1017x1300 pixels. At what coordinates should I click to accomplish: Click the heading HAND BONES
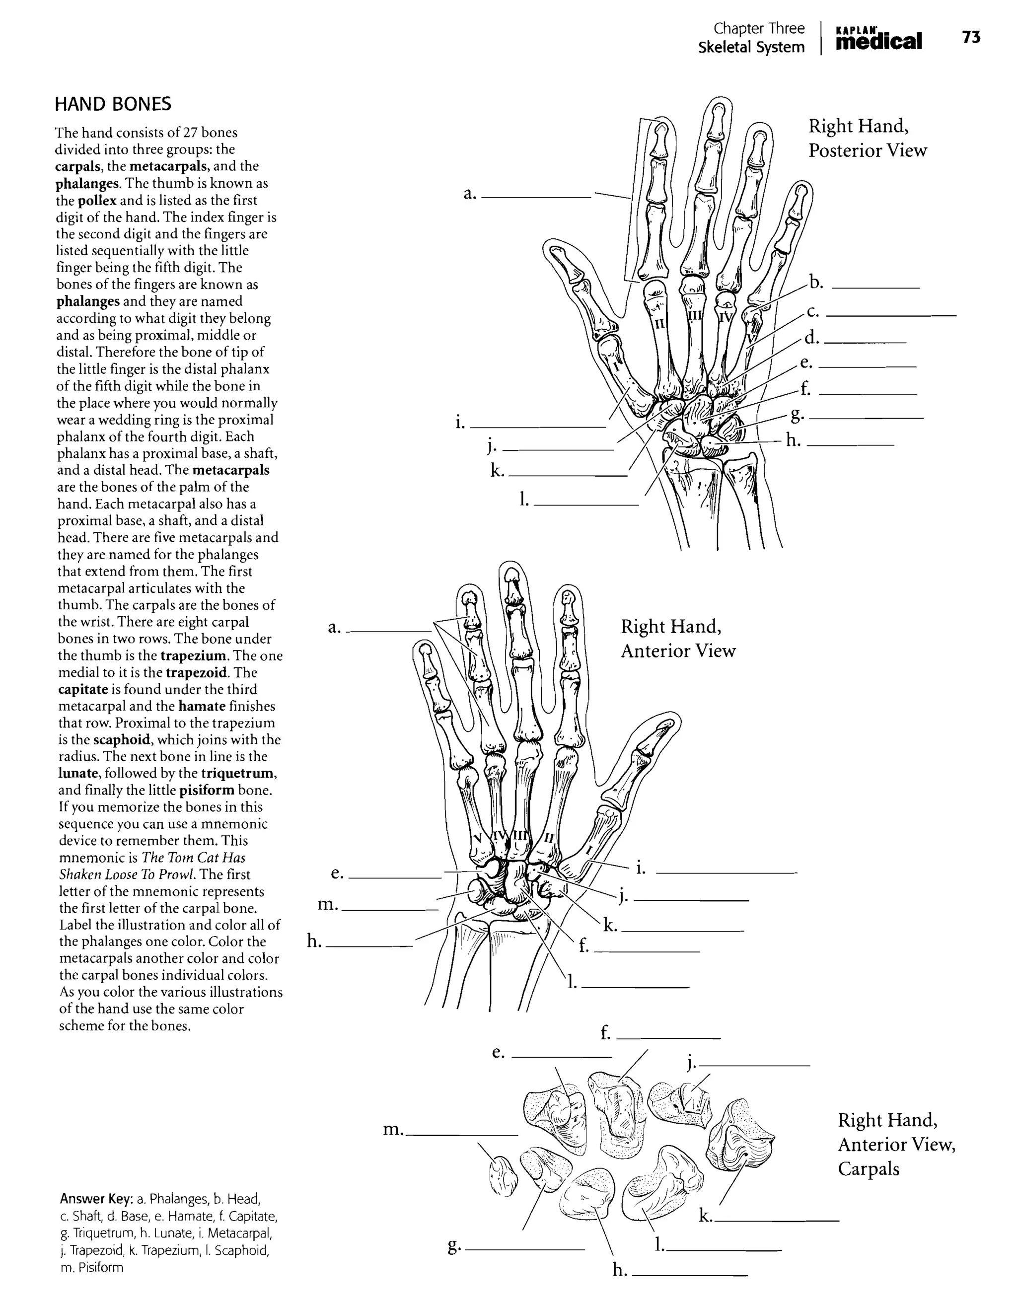coord(113,104)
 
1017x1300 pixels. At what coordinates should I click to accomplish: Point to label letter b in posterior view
coord(816,283)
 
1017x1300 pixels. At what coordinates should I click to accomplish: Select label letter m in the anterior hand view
coord(327,905)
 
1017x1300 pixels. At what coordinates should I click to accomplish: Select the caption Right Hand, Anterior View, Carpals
coord(896,1144)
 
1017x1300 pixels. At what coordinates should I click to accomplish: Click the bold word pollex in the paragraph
coord(97,201)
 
